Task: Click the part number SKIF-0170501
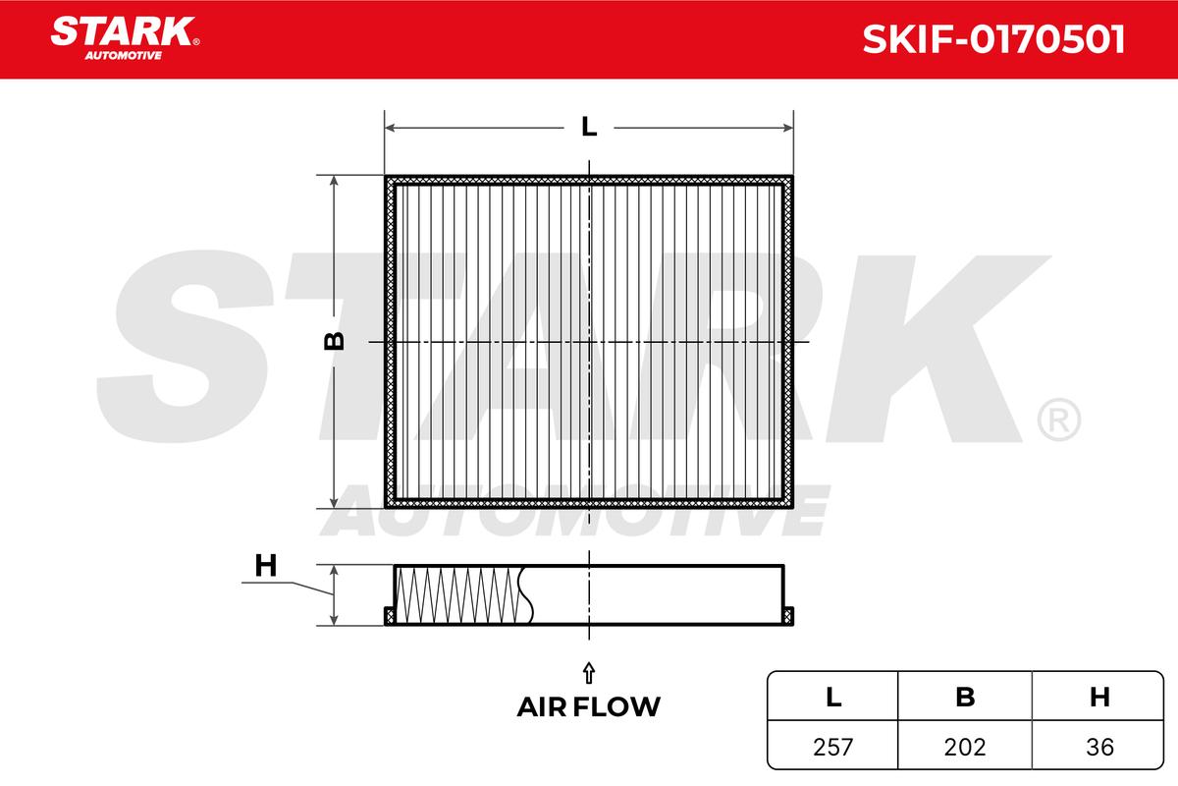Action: point(992,40)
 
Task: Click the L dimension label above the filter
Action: point(588,127)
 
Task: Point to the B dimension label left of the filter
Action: point(335,341)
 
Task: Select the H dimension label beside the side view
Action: point(265,566)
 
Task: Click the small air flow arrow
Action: point(588,672)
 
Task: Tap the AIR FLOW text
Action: point(588,706)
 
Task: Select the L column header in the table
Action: point(833,698)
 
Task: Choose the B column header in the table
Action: point(966,698)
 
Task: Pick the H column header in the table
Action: point(1099,698)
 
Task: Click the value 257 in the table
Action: point(833,747)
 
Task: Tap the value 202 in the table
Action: point(966,747)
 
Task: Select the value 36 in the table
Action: point(1100,747)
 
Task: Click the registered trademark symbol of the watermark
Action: point(1058,420)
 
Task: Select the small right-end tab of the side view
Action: point(788,616)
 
